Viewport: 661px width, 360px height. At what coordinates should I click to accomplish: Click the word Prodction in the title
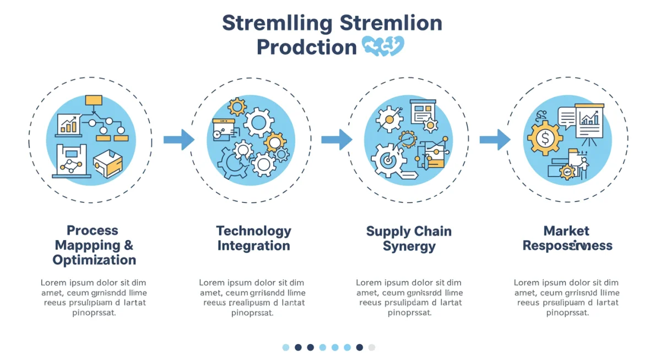click(306, 47)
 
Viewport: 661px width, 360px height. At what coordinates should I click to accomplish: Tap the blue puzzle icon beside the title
click(384, 46)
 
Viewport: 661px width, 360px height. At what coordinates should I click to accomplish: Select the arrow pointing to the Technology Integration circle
click(179, 139)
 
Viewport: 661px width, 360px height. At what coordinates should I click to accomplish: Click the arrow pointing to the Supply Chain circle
click(337, 139)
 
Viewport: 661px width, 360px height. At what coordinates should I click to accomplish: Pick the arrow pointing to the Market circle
click(495, 139)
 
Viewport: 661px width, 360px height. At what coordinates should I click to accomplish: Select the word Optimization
click(94, 260)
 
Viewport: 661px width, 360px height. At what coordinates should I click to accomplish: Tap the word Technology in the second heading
click(253, 231)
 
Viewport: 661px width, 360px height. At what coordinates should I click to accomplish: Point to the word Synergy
click(409, 246)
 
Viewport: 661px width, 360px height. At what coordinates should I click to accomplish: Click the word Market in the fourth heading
click(566, 231)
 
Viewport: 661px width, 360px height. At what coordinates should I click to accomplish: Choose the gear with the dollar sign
click(544, 138)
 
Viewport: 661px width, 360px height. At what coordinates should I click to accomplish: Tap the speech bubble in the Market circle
click(566, 117)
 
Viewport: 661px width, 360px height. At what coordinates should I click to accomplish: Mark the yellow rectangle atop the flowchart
click(94, 100)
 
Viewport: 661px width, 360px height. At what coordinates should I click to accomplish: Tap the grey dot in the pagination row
click(372, 347)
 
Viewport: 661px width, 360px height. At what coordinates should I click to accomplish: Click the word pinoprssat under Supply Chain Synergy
click(409, 313)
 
